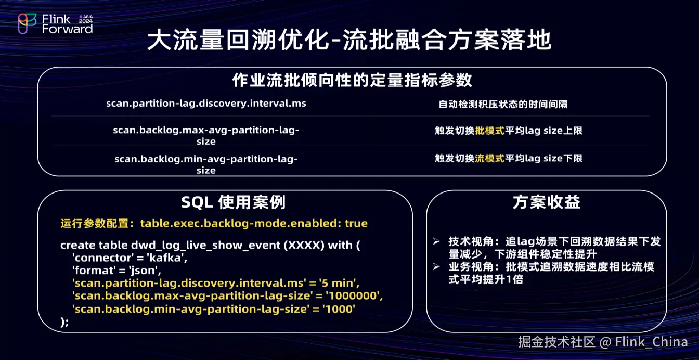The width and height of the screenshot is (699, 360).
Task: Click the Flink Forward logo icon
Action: pyautogui.click(x=27, y=23)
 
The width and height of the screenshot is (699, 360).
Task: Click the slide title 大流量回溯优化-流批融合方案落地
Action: pyautogui.click(x=349, y=40)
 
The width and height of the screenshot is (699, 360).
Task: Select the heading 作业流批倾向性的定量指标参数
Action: pyautogui.click(x=352, y=80)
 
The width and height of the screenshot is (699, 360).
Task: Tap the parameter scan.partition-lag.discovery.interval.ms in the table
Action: pyautogui.click(x=206, y=104)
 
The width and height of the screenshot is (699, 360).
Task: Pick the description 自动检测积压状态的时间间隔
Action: pyautogui.click(x=503, y=104)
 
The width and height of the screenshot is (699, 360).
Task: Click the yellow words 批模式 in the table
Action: pyautogui.click(x=489, y=131)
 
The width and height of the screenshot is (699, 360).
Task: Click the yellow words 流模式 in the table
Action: pyautogui.click(x=489, y=158)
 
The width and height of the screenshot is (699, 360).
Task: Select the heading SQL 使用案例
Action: pyautogui.click(x=234, y=202)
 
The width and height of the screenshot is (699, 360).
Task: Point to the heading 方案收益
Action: pyautogui.click(x=547, y=202)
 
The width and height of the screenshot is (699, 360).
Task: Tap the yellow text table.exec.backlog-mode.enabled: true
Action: pyautogui.click(x=254, y=223)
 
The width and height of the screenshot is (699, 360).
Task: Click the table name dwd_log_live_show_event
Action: pyautogui.click(x=205, y=246)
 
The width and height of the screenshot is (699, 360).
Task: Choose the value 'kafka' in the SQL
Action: pyautogui.click(x=167, y=258)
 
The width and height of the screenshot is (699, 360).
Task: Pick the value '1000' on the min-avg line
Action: pyautogui.click(x=339, y=309)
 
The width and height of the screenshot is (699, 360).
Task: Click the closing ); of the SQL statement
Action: pyautogui.click(x=64, y=322)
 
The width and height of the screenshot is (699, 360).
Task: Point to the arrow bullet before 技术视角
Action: pyautogui.click(x=436, y=241)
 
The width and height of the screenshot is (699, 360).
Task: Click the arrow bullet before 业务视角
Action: pyautogui.click(x=436, y=267)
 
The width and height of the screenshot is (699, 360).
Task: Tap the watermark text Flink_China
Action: pyautogui.click(x=652, y=342)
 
